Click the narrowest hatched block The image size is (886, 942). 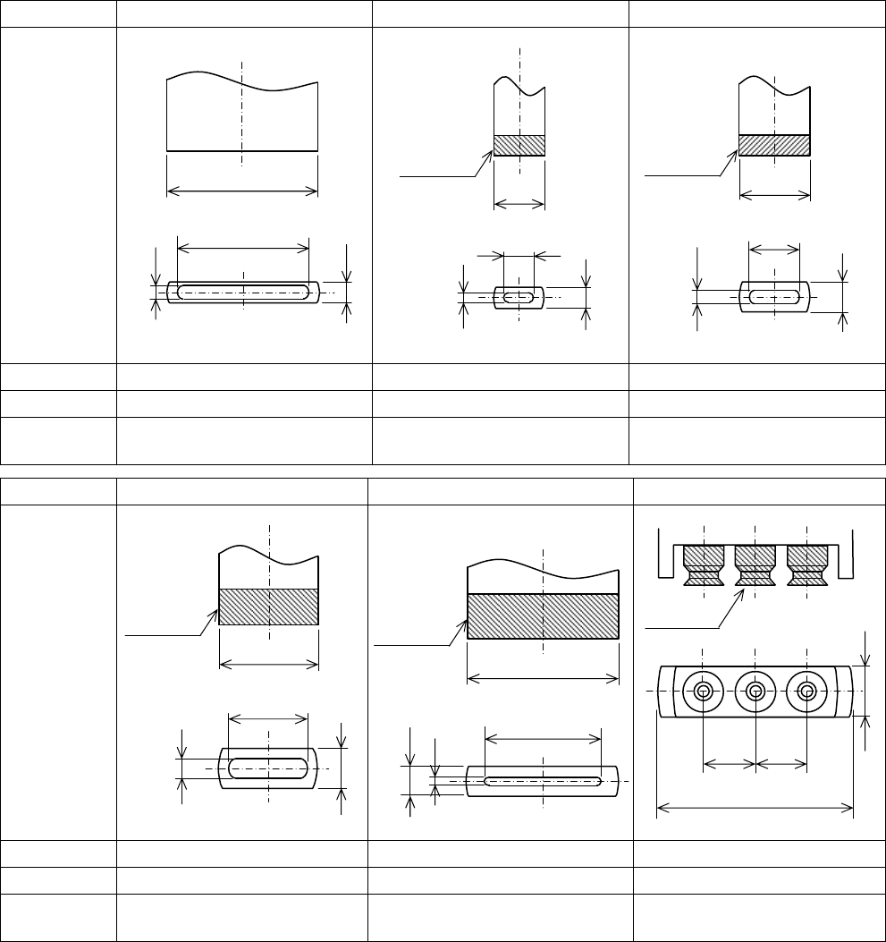point(519,146)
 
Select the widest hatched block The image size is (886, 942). point(543,616)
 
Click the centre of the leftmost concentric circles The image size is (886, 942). point(704,692)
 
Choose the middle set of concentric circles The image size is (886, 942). point(755,692)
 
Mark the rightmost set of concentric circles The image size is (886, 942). point(807,692)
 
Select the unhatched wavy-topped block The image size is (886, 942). point(242,116)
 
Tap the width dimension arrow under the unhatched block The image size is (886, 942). point(242,190)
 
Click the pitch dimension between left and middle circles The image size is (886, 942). point(730,764)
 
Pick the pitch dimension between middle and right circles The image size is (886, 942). point(781,764)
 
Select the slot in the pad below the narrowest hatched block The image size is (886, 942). point(519,297)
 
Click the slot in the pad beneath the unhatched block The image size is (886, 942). point(242,292)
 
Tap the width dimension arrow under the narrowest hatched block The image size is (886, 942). point(519,205)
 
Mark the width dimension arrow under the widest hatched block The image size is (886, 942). point(543,677)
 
